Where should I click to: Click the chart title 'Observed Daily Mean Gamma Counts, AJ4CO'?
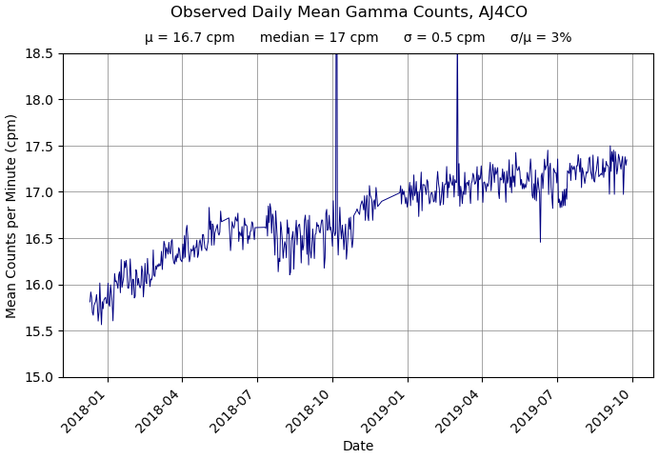point(349,12)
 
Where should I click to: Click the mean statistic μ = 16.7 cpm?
point(190,38)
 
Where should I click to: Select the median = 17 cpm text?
point(319,38)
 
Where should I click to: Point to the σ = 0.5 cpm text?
point(444,38)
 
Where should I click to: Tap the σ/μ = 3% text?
point(541,38)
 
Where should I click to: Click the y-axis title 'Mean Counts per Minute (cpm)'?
point(12,215)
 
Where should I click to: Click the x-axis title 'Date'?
point(358,447)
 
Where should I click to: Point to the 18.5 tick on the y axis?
point(38,53)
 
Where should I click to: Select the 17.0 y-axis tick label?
point(38,192)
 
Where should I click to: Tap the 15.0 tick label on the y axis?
point(38,377)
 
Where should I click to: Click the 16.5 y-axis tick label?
point(38,238)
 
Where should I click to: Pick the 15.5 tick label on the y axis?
point(38,331)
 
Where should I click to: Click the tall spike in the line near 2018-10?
point(336,76)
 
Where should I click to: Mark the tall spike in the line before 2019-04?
point(457,76)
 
